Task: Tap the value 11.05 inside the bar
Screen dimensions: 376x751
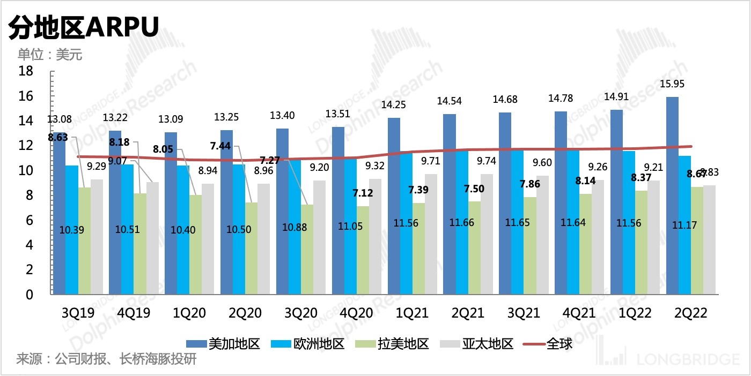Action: pyautogui.click(x=349, y=227)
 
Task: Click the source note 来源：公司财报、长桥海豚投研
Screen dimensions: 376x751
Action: pyautogui.click(x=106, y=359)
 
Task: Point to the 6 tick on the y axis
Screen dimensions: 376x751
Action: pyautogui.click(x=30, y=220)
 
